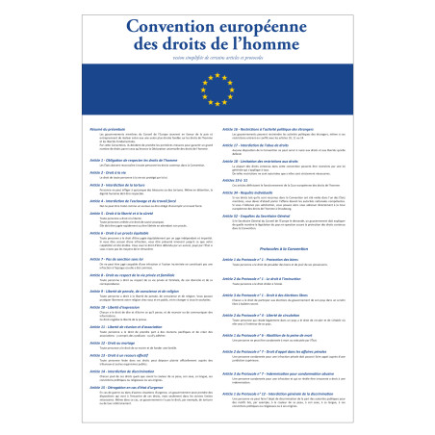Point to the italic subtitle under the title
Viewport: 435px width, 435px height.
[x=217, y=64]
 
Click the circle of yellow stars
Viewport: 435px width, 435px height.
[x=217, y=94]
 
